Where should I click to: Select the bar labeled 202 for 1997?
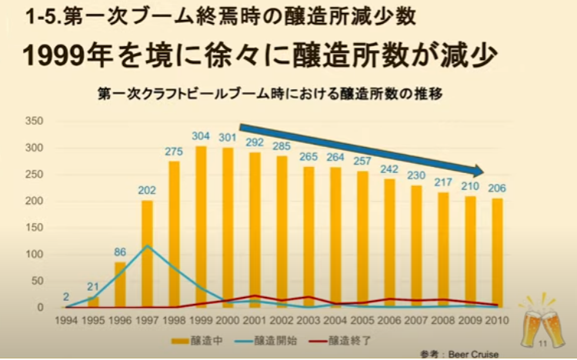[146, 254]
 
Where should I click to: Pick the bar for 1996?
[120, 285]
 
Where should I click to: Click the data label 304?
[200, 136]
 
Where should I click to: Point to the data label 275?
[174, 152]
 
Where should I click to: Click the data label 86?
[120, 252]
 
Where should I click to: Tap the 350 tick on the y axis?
[33, 121]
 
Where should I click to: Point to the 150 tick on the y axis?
[33, 228]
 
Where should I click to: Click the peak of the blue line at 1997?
[146, 246]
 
